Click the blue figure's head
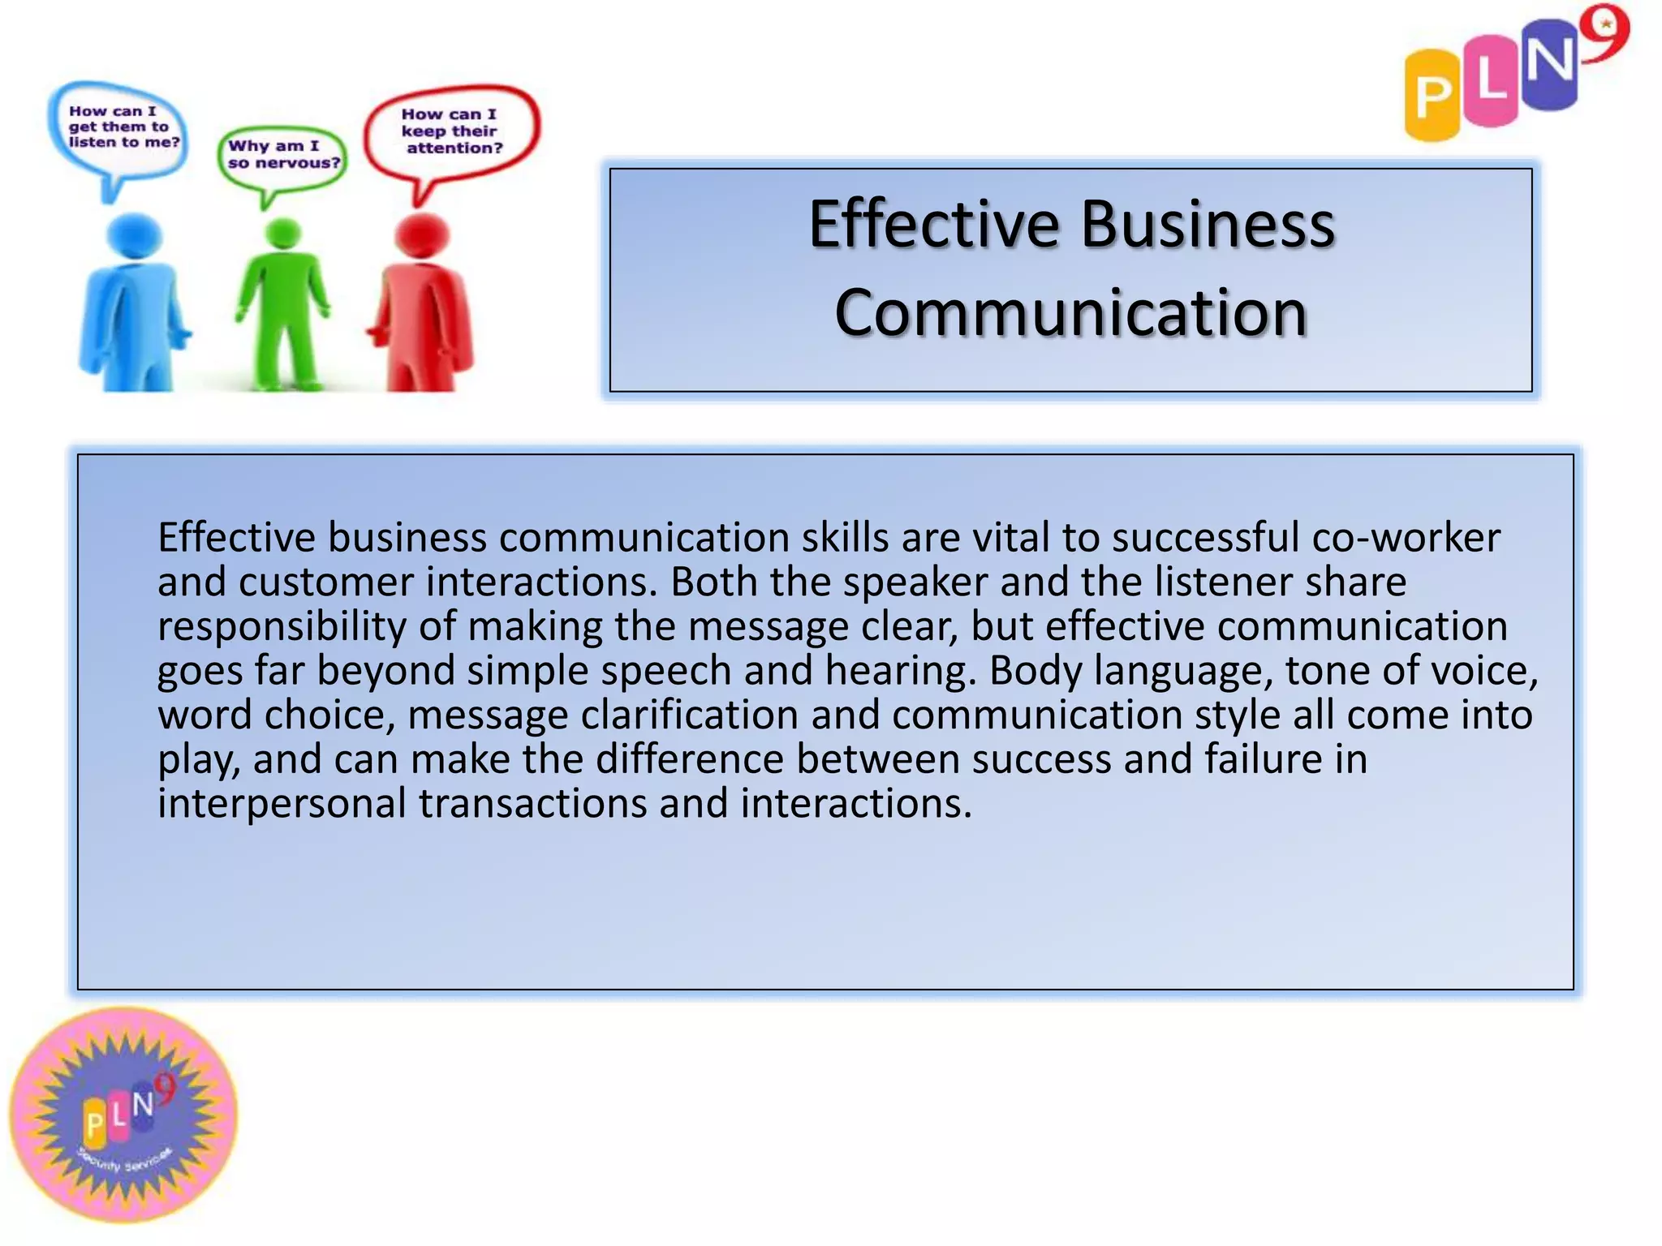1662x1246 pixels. pyautogui.click(x=135, y=235)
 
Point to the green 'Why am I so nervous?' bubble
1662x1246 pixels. pyautogui.click(x=282, y=156)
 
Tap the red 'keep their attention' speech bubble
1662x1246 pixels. pyautogui.click(x=451, y=131)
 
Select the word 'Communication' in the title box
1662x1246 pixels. pyautogui.click(x=1070, y=313)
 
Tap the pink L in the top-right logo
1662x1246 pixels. pyautogui.click(x=1492, y=81)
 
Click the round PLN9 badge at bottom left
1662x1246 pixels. pyautogui.click(x=124, y=1115)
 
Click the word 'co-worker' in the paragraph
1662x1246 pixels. pyautogui.click(x=1406, y=537)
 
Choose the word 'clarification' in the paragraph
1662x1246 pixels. pyautogui.click(x=689, y=715)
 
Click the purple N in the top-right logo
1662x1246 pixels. pyautogui.click(x=1550, y=65)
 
